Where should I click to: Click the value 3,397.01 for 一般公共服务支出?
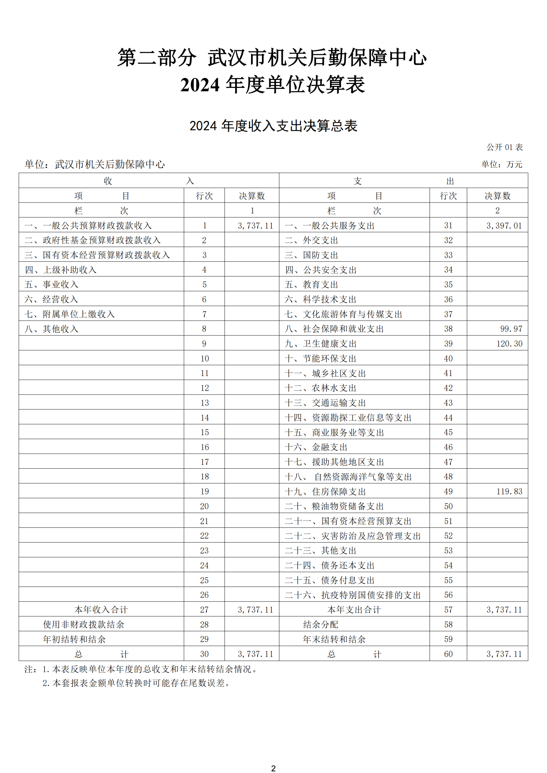pos(504,226)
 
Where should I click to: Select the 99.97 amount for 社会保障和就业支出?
pos(511,329)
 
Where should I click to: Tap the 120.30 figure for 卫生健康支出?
pos(509,344)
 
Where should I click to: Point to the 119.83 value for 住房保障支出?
pos(509,491)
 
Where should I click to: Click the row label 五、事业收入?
pos(51,285)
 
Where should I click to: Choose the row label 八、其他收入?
pos(51,329)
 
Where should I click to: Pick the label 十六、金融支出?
pos(316,447)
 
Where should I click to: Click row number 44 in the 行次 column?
pos(448,418)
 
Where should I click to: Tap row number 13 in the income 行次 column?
pos(204,403)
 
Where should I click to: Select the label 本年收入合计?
pos(101,610)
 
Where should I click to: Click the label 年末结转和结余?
pos(334,639)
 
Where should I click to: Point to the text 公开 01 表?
pos(505,147)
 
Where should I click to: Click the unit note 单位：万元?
pos(502,164)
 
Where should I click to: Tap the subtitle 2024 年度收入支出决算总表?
pos(273,126)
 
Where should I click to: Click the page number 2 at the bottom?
pos(273,765)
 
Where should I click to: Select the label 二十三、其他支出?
pos(320,551)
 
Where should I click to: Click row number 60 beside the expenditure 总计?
pos(448,654)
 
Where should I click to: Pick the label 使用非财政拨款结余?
pos(84,625)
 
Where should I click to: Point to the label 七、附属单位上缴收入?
pos(69,314)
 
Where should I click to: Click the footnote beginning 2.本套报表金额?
pos(136,683)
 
